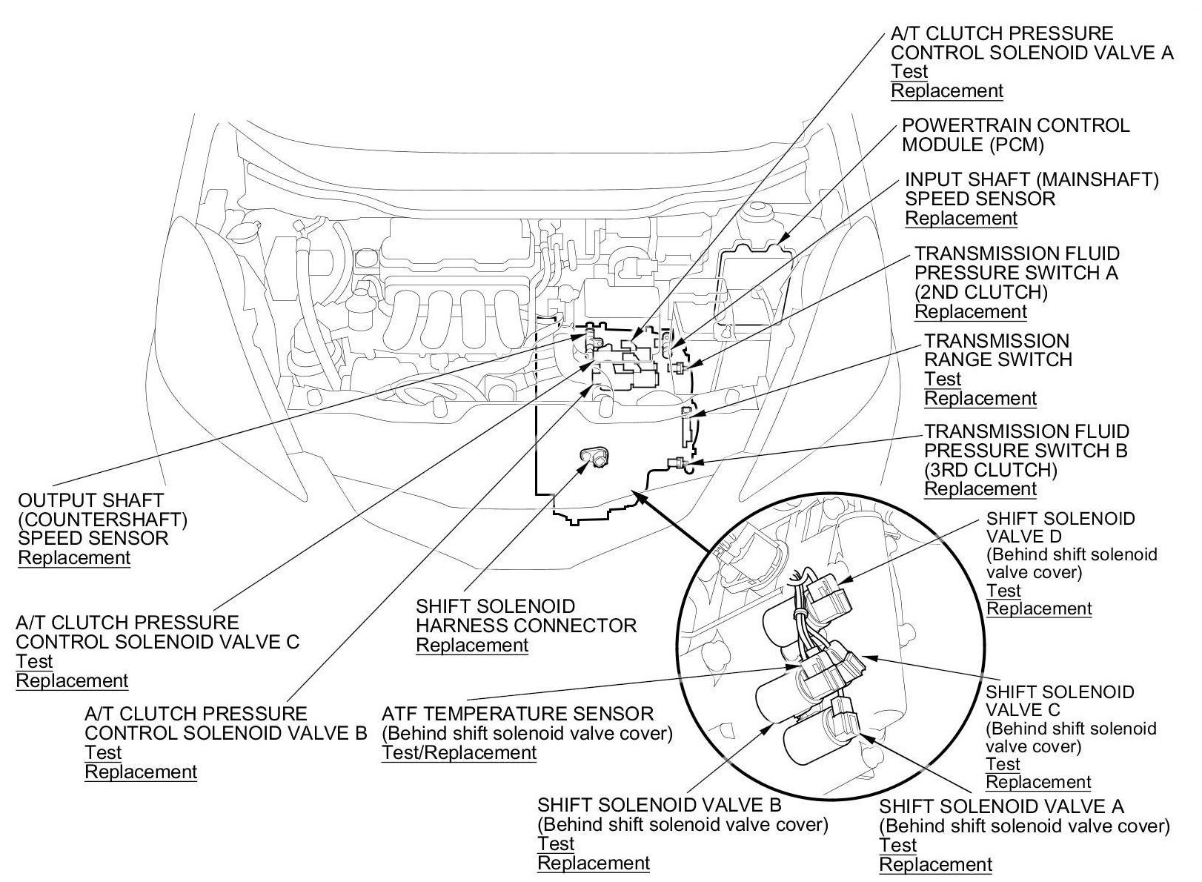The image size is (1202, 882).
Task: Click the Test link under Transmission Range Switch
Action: point(942,379)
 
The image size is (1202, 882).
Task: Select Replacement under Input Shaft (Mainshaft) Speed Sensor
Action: point(961,219)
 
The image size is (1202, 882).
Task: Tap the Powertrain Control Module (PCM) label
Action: point(1015,135)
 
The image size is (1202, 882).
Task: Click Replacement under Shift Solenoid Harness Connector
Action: point(472,646)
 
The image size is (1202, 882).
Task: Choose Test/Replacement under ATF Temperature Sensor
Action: point(459,753)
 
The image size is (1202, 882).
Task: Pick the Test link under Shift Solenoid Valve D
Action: point(1003,591)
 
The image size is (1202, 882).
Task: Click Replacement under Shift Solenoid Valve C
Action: point(1037,783)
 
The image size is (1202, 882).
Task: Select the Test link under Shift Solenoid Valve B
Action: point(556,844)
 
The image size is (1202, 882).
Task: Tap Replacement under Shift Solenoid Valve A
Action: point(935,865)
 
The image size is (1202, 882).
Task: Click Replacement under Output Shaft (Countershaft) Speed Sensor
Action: point(74,558)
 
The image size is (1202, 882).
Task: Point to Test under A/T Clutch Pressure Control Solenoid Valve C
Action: point(34,661)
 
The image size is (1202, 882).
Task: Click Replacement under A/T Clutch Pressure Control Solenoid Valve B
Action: point(141,772)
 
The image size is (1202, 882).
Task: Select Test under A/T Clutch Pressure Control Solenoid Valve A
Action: point(909,72)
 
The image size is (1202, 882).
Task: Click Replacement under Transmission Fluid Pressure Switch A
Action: point(971,312)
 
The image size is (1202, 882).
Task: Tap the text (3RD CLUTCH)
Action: point(991,471)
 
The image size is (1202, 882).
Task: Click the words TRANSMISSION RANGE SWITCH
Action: point(997,351)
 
